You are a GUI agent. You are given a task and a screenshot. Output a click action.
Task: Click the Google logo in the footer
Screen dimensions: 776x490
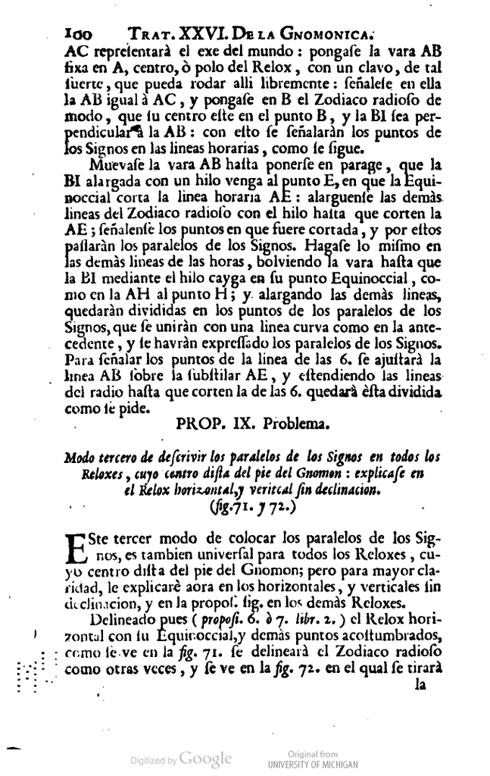[x=205, y=759]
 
